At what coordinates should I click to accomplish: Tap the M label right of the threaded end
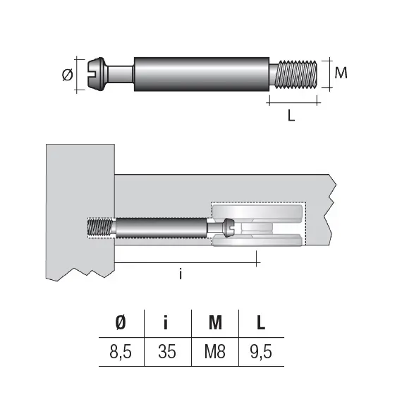[x=339, y=73]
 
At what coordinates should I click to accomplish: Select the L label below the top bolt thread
[x=291, y=116]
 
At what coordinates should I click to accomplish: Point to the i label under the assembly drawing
[x=181, y=274]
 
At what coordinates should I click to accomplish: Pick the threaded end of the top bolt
[x=298, y=73]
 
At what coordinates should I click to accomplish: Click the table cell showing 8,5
[x=120, y=351]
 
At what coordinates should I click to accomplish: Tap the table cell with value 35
[x=168, y=351]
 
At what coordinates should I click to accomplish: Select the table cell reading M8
[x=215, y=351]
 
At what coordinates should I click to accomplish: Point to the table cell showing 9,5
[x=261, y=351]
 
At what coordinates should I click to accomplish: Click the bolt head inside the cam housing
[x=226, y=229]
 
